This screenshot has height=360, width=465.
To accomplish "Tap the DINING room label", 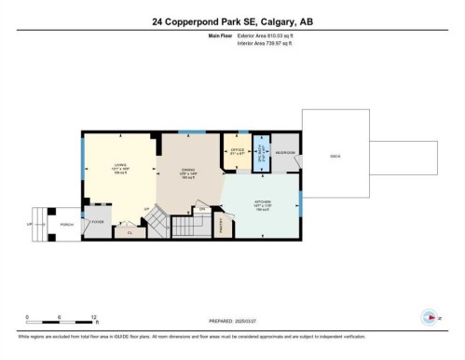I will pyautogui.click(x=187, y=170).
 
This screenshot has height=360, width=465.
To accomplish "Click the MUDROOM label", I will pyautogui.click(x=285, y=152).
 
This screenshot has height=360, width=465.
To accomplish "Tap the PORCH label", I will pyautogui.click(x=67, y=225).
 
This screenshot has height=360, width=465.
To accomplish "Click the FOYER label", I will pyautogui.click(x=97, y=221).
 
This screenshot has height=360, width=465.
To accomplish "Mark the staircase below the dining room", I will pyautogui.click(x=159, y=224).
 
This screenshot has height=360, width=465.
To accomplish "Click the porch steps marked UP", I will pyautogui.click(x=38, y=225).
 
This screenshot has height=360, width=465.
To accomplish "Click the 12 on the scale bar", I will pyautogui.click(x=94, y=316).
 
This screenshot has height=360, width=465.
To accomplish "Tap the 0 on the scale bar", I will pyautogui.click(x=27, y=316).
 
